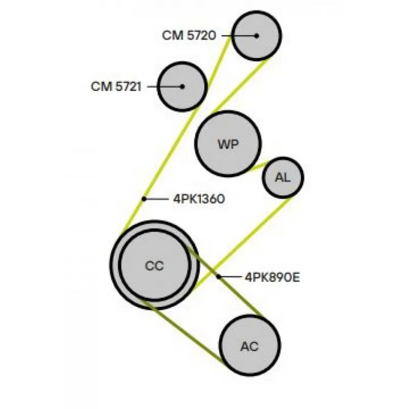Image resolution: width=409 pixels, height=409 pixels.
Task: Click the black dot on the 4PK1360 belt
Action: click(x=144, y=198)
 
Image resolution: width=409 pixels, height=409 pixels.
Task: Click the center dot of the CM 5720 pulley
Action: click(x=257, y=35)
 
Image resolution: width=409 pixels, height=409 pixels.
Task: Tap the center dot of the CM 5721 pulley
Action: click(x=182, y=86)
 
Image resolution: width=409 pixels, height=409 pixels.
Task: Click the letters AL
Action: click(x=283, y=177)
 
